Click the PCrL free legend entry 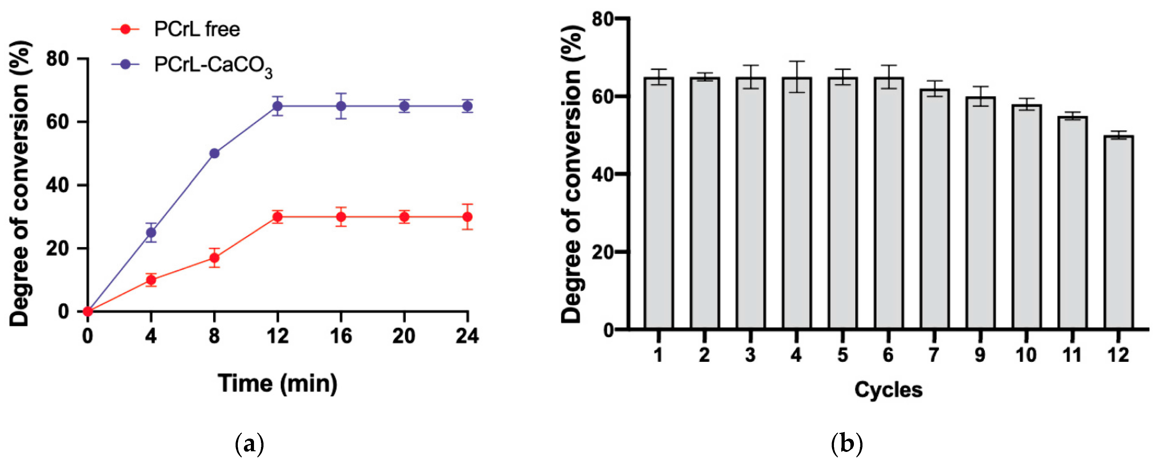point(197,30)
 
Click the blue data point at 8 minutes point(214,153)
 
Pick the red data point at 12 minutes point(278,217)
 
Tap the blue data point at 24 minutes point(467,107)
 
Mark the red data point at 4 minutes point(151,280)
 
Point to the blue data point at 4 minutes point(151,232)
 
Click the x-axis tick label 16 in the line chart point(341,336)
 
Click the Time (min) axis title point(277,383)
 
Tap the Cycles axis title point(888,390)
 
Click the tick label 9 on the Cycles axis point(980,355)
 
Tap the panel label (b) point(847,445)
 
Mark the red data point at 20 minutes point(404,217)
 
